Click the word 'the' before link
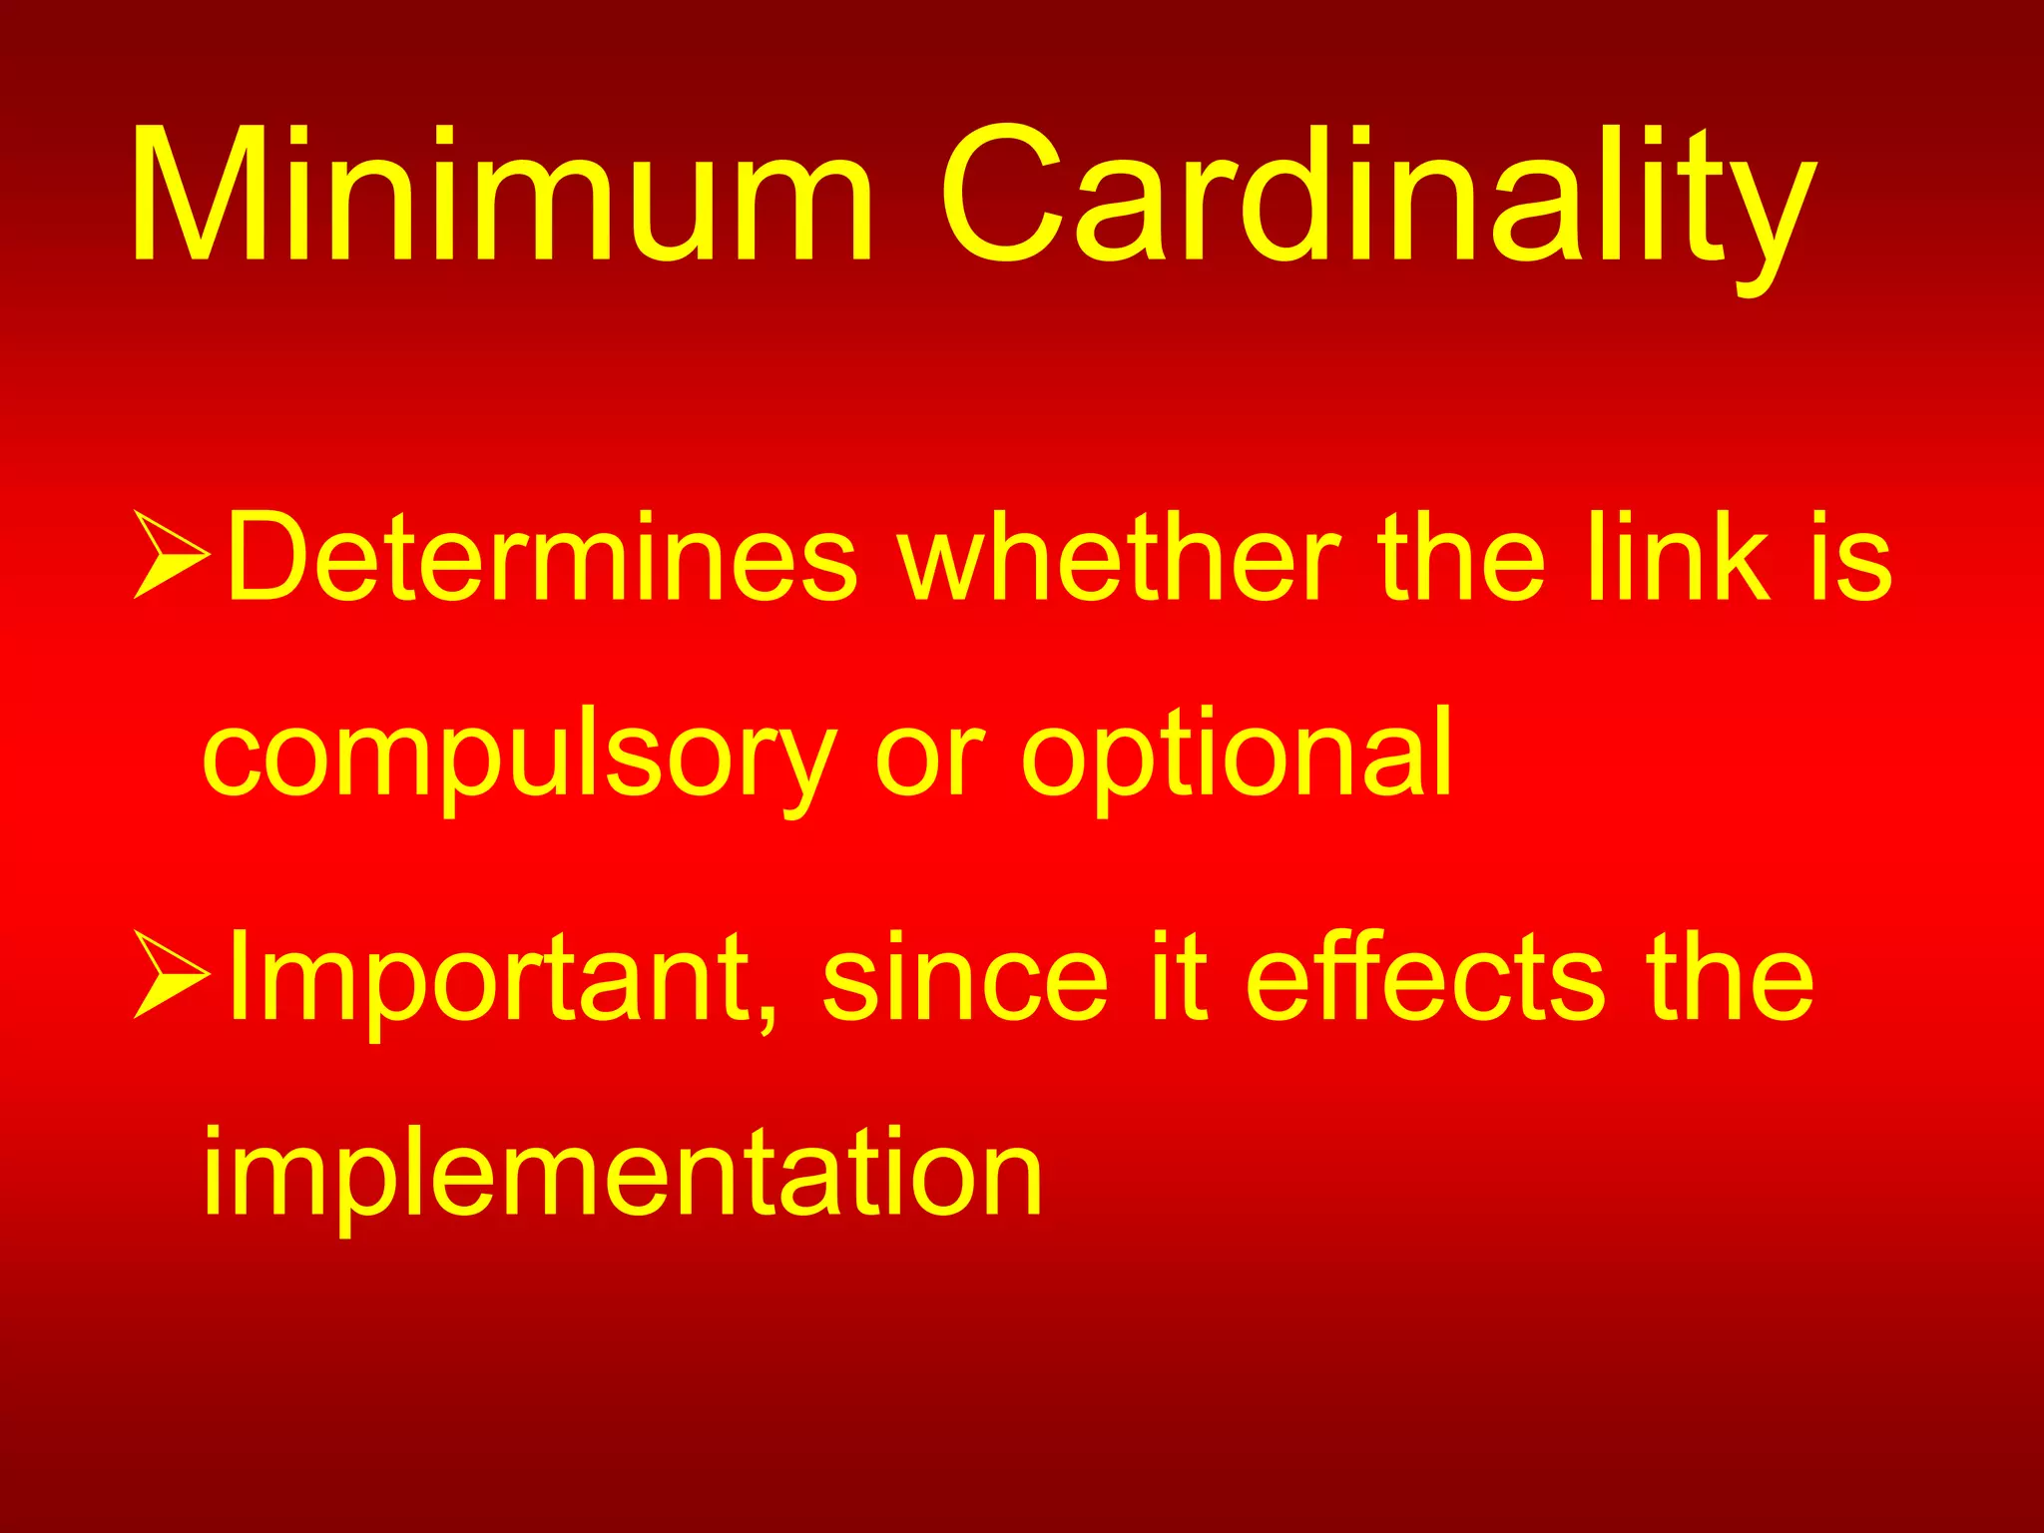point(1461,558)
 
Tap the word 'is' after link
point(1855,558)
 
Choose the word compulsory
point(519,759)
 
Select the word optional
point(1237,759)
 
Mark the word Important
point(489,978)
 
